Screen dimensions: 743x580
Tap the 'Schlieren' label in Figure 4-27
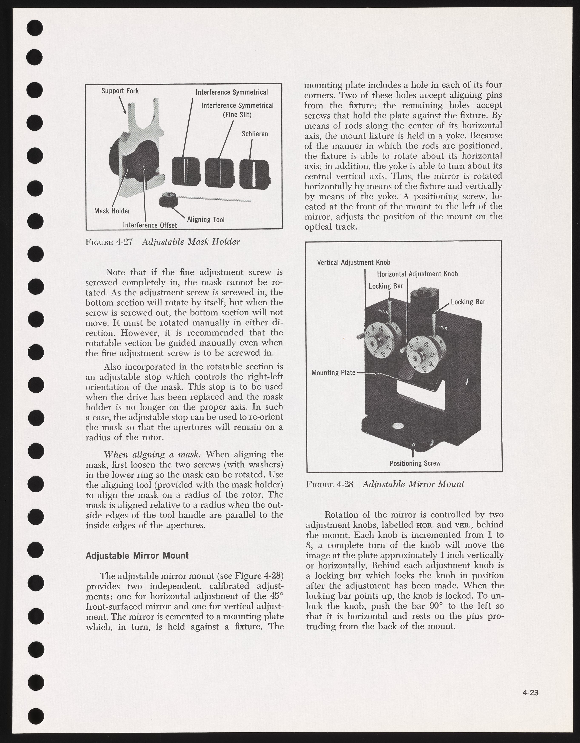click(255, 134)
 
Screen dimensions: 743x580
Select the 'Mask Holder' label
click(112, 211)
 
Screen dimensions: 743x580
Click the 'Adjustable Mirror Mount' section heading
click(137, 556)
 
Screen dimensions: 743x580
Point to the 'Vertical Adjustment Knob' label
click(353, 262)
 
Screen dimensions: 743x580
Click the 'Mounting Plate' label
click(333, 373)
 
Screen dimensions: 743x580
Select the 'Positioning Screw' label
click(415, 463)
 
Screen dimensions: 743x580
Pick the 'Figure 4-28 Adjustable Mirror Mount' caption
click(385, 484)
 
